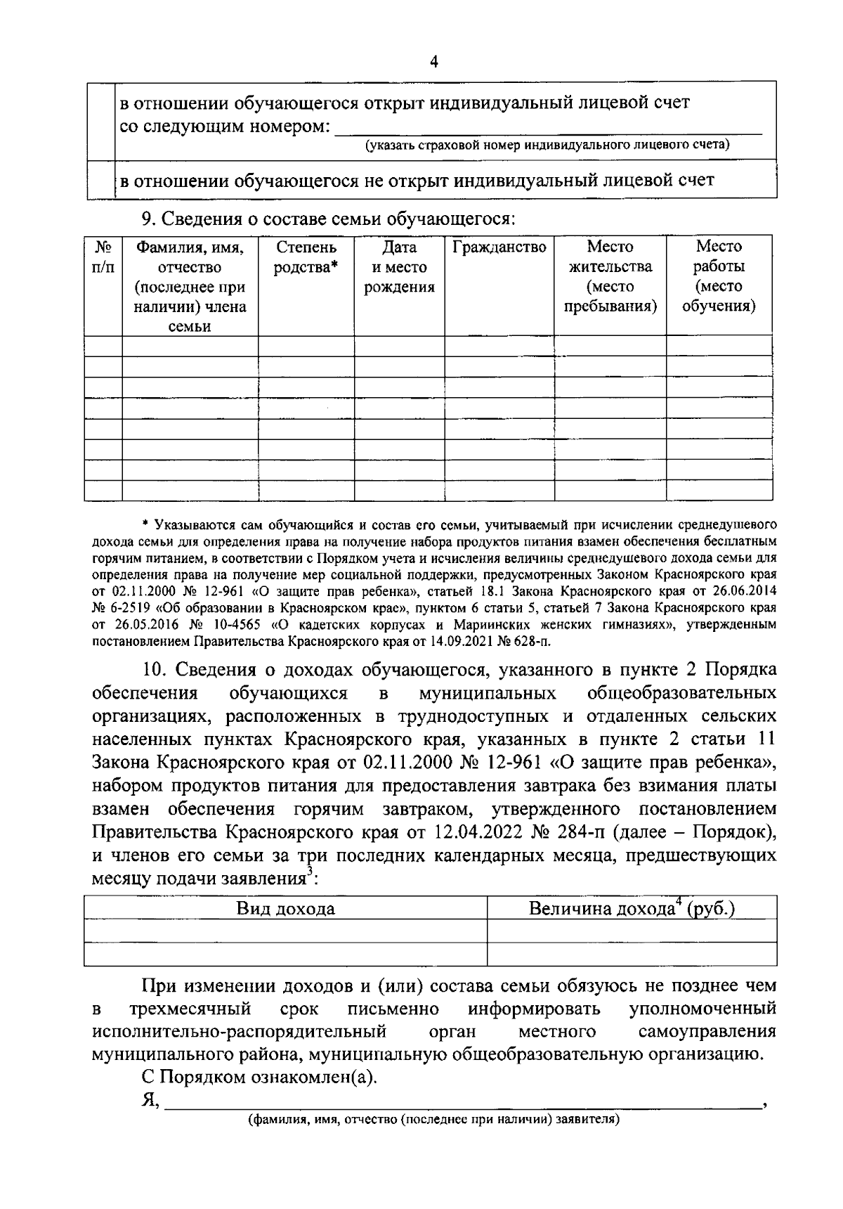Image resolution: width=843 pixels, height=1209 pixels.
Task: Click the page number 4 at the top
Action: coord(433,63)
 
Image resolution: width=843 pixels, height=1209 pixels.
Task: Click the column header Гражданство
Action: coord(499,247)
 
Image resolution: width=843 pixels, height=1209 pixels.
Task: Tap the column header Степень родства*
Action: coord(306,257)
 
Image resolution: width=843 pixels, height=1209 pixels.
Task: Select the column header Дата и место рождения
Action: coord(399,267)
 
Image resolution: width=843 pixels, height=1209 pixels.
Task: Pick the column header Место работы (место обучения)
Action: coord(719,276)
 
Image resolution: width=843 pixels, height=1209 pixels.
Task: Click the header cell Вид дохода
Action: coord(285,909)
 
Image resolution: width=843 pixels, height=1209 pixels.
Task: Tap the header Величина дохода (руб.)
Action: coord(632,908)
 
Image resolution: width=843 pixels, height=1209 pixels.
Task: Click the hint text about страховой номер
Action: coord(547,145)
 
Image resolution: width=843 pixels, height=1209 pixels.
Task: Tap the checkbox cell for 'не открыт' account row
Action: coord(101,181)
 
